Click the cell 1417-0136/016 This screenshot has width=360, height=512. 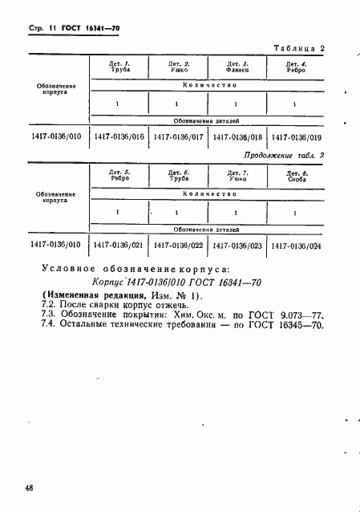pos(119,136)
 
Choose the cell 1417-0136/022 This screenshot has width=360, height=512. pos(178,246)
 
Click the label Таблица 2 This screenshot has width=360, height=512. pos(299,48)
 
